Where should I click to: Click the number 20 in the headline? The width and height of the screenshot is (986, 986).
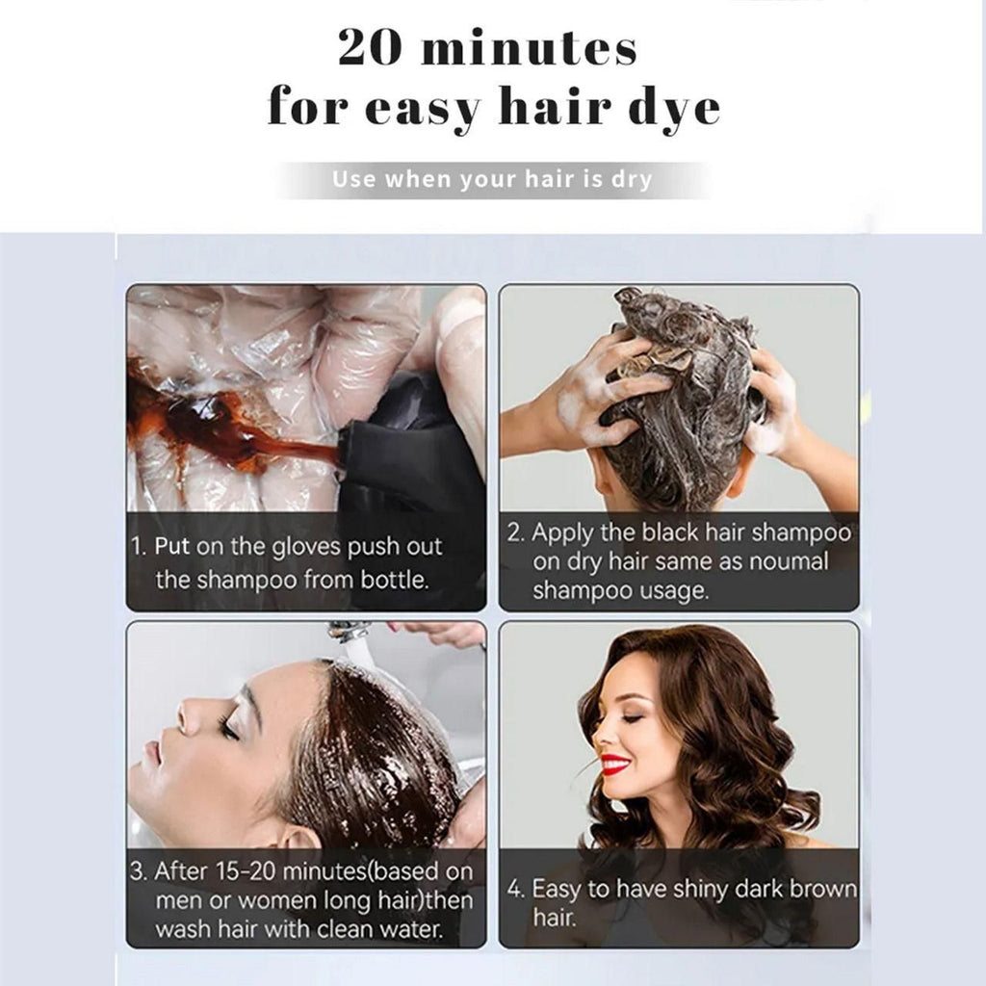pyautogui.click(x=373, y=48)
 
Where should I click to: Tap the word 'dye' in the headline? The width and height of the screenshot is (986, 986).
pyautogui.click(x=673, y=108)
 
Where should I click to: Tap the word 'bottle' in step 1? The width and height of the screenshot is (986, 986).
pyautogui.click(x=390, y=581)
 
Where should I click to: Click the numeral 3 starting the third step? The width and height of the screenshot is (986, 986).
pyautogui.click(x=137, y=872)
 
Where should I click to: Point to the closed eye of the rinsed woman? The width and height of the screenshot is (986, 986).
pyautogui.click(x=229, y=729)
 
